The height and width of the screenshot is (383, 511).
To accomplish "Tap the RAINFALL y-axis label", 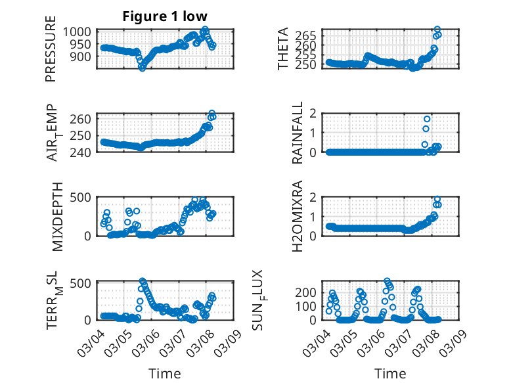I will [298, 133].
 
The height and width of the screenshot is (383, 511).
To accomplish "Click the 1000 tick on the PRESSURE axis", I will [81, 32].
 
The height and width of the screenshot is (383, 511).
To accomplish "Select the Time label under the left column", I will [164, 373].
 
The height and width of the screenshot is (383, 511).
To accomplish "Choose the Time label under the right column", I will [390, 373].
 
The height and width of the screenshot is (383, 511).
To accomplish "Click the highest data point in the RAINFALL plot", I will [427, 119].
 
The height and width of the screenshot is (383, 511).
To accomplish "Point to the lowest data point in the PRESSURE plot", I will [142, 68].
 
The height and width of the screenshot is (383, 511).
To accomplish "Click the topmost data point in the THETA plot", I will [437, 30].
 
